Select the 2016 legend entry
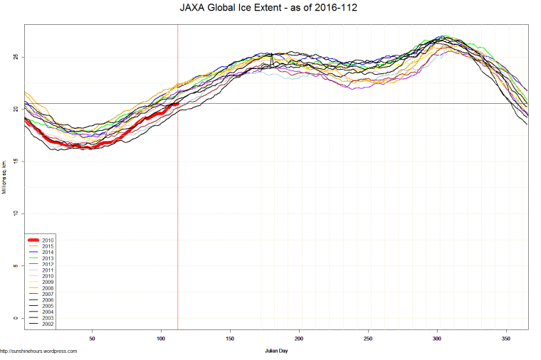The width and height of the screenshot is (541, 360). click(48, 240)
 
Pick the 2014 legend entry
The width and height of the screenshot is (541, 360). click(48, 253)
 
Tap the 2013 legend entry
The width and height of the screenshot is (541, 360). click(48, 258)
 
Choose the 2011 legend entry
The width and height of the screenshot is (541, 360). click(48, 270)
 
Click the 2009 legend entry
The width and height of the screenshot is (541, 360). click(48, 282)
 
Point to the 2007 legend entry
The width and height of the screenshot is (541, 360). click(48, 294)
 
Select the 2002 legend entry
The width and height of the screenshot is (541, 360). click(48, 324)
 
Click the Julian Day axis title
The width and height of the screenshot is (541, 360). click(276, 351)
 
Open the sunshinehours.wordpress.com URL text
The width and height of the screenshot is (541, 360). click(38, 351)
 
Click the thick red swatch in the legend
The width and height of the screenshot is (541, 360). click(33, 240)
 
